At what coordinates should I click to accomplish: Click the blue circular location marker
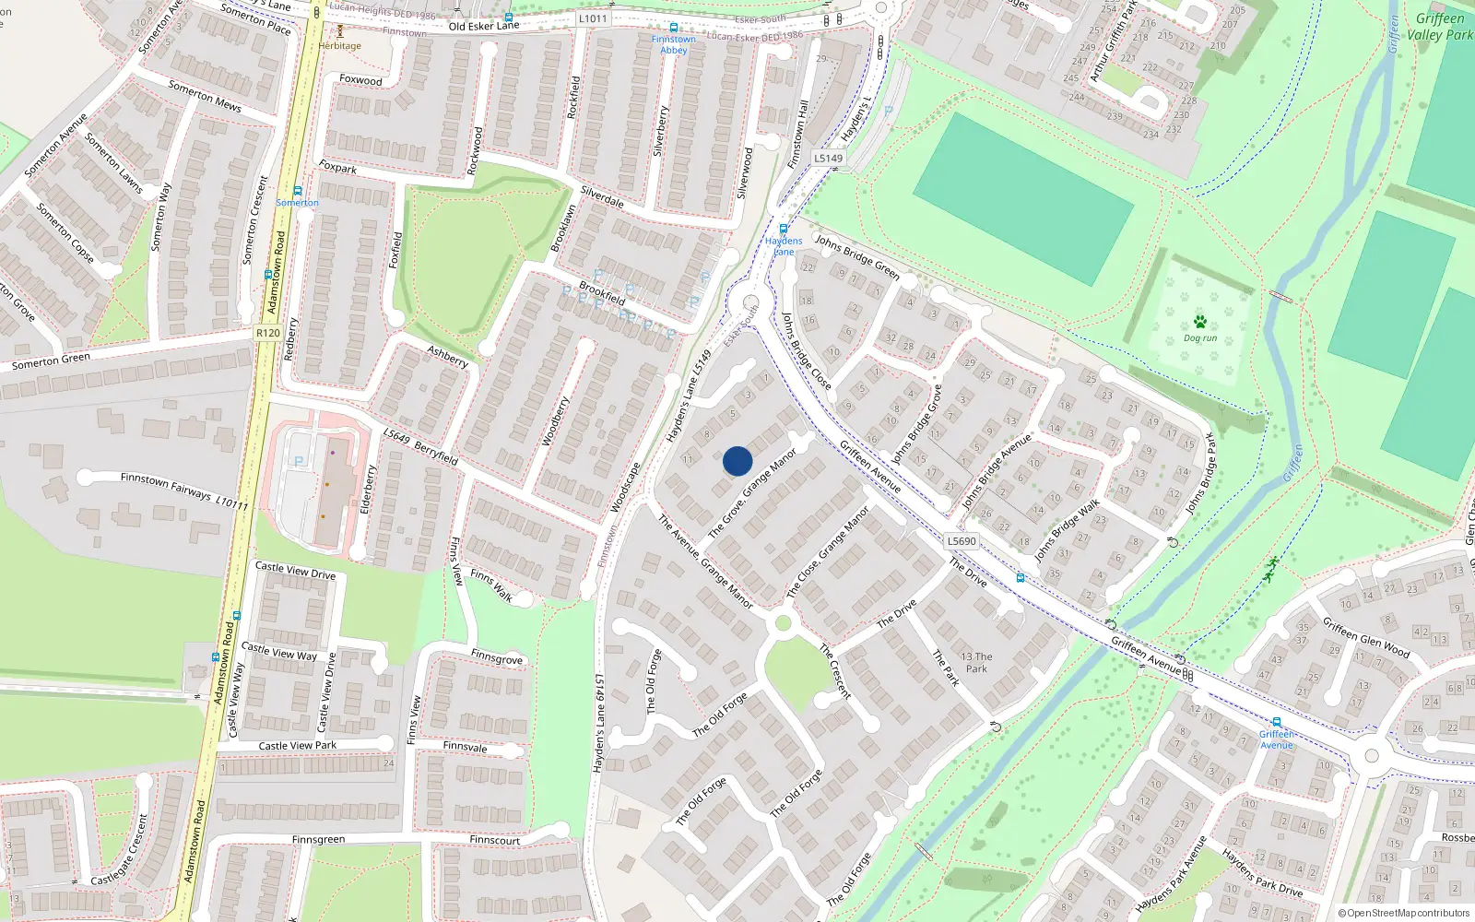point(737,461)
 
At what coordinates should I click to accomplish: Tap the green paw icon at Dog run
point(1199,322)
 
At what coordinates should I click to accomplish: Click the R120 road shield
point(267,333)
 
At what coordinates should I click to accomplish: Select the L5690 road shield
point(962,541)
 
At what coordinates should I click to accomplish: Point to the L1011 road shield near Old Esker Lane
point(593,18)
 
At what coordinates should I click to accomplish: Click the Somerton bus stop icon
point(298,191)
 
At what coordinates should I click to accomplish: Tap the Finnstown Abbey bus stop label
point(674,44)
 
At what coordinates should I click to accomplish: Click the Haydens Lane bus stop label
point(784,246)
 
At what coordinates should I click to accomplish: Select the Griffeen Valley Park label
point(1440,27)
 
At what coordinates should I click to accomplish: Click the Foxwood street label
point(360,80)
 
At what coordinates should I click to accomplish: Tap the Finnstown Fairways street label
point(166,486)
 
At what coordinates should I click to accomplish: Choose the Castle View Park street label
point(297,745)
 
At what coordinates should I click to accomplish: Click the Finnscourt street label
point(494,840)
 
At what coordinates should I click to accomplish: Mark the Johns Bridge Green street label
point(856,256)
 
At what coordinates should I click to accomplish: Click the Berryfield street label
point(436,453)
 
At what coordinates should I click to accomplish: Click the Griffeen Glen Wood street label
point(1366,637)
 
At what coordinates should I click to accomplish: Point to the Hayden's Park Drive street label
point(1262,871)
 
